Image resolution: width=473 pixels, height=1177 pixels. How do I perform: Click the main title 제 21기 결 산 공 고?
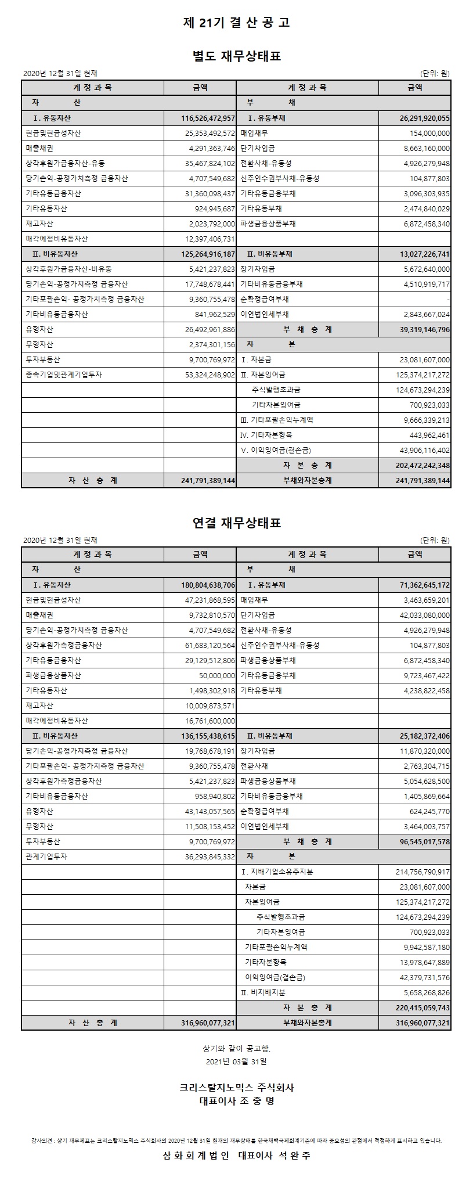(x=236, y=23)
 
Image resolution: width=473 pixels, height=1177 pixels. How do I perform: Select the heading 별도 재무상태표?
(x=236, y=56)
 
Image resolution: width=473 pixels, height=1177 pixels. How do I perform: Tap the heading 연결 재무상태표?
(x=236, y=523)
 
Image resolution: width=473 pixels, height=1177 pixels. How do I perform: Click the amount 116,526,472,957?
(x=208, y=118)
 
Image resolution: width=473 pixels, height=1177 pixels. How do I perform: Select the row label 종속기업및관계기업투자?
(x=64, y=375)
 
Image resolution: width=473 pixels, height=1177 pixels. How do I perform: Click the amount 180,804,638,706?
(x=208, y=585)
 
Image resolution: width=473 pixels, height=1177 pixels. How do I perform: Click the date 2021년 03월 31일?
(x=236, y=1061)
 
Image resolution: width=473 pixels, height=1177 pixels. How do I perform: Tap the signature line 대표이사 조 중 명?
(x=236, y=1100)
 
